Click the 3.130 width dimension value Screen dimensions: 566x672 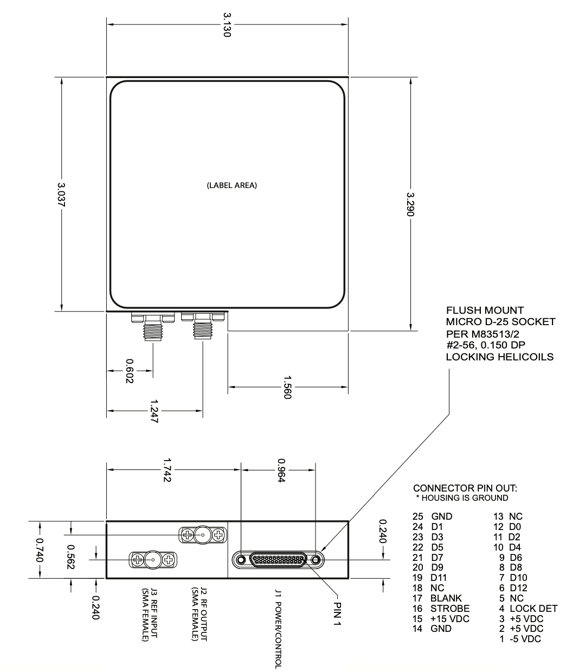tap(227, 25)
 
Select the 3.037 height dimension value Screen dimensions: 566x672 tap(61, 195)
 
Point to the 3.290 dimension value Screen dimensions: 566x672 tap(410, 204)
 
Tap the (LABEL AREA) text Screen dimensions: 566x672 tap(232, 185)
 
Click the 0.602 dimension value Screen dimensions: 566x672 tap(130, 371)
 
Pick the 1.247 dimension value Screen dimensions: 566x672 tap(155, 411)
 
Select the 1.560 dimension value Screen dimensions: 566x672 tap(287, 387)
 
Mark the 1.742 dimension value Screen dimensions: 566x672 tap(167, 470)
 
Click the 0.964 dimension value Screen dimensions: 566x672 tap(281, 470)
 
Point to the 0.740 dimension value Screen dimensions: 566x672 tap(40, 550)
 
